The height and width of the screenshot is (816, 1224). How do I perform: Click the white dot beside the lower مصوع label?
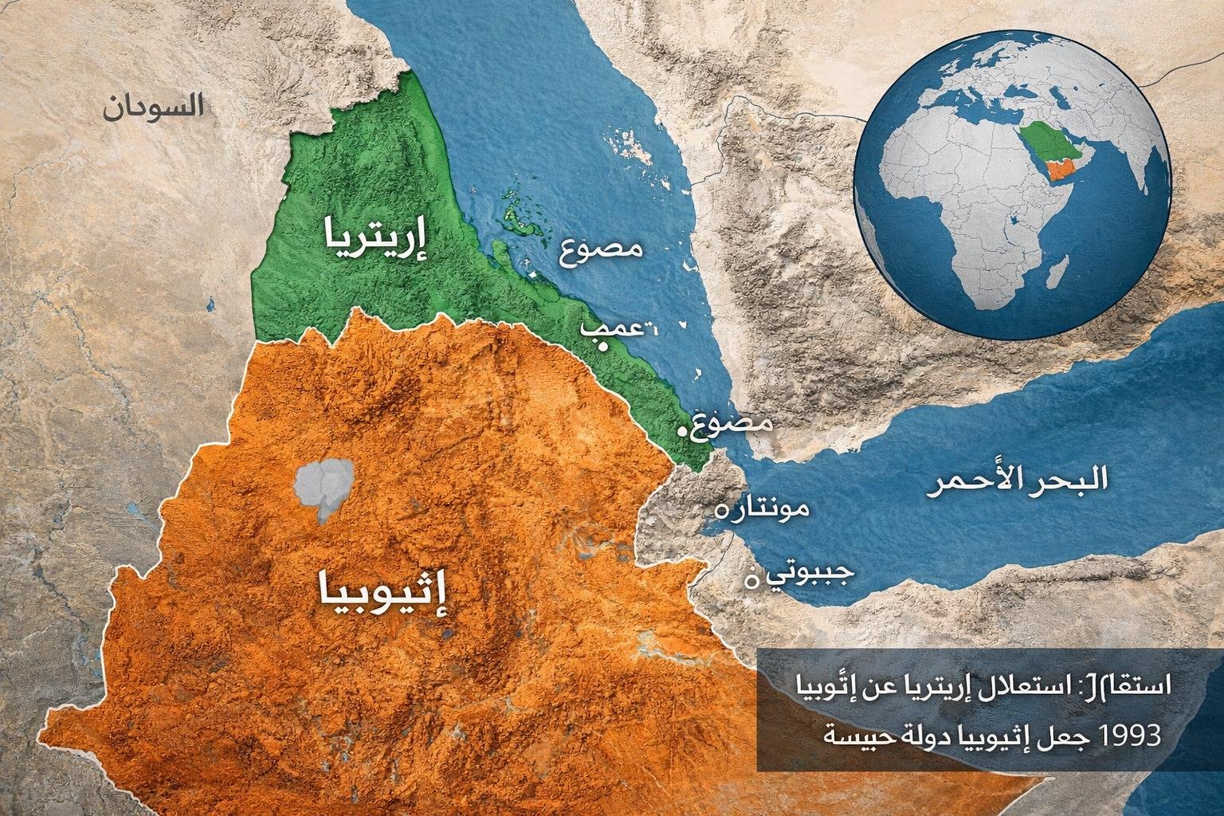coord(681,431)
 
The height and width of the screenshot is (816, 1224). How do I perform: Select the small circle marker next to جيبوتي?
coord(748,581)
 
